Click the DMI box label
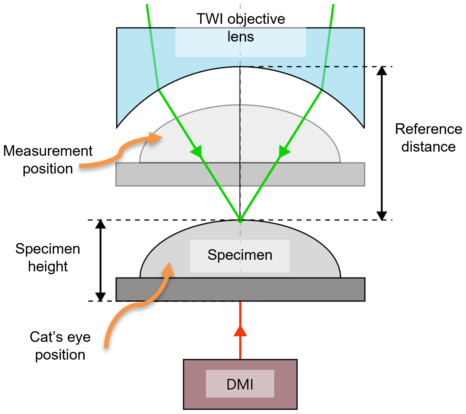(240, 384)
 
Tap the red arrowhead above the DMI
(240, 332)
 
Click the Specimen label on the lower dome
(240, 255)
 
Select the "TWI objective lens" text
(241, 28)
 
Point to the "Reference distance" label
(428, 138)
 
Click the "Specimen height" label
(48, 258)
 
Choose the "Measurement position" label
(48, 160)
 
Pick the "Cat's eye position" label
(60, 346)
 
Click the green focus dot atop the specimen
(240, 221)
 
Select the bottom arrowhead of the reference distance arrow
(382, 216)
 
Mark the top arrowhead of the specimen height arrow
(100, 224)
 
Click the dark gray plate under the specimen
(240, 289)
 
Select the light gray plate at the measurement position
(240, 174)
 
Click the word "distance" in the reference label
(428, 147)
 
